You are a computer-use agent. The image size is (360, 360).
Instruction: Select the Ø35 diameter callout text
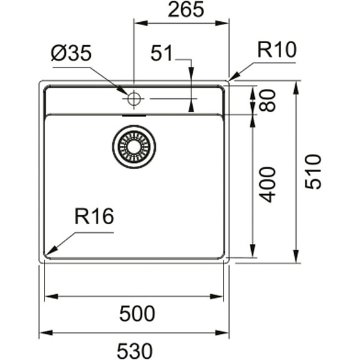coord(71,54)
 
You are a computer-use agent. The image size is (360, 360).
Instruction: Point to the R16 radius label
coord(93,217)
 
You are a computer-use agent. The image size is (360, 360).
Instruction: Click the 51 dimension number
coord(162,54)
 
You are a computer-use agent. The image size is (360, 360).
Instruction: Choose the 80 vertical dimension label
coord(268,100)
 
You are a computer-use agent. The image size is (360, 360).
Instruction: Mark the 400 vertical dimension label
coord(268,184)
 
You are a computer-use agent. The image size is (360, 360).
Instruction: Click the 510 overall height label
coord(312,172)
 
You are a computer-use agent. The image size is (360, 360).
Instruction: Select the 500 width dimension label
coord(136,313)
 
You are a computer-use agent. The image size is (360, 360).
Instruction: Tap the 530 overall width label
coord(136,349)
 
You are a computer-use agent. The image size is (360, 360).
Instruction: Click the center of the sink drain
coord(133,147)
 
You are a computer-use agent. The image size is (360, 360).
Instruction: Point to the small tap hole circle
coord(134,98)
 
